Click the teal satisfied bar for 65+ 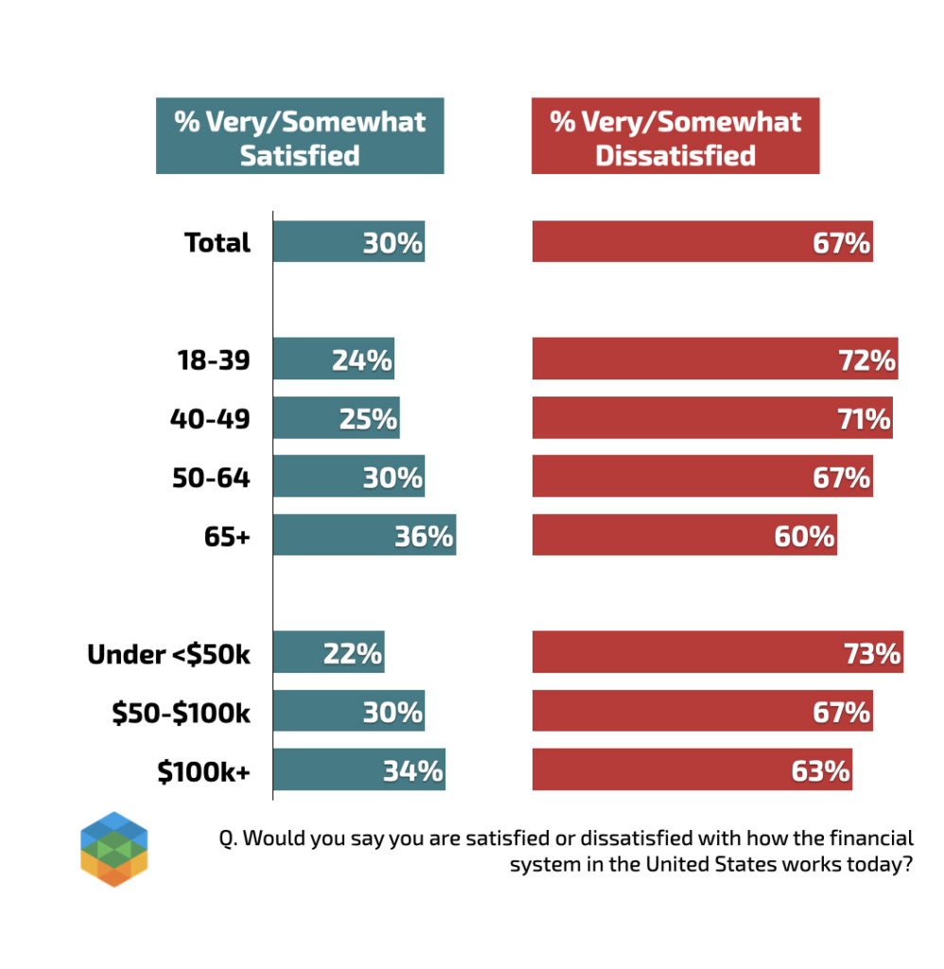(364, 535)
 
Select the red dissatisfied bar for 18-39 (714, 359)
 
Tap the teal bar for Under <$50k (328, 652)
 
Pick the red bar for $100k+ (691, 769)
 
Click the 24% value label (361, 360)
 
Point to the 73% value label (871, 653)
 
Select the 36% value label (424, 536)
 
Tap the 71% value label (864, 418)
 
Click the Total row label (218, 242)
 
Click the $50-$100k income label (182, 712)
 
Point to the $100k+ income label (204, 770)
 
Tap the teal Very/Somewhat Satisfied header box (300, 137)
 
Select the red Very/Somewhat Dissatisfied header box (675, 137)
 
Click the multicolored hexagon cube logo (114, 849)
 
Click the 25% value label (368, 418)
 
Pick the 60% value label (804, 536)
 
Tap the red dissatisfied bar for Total (702, 241)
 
